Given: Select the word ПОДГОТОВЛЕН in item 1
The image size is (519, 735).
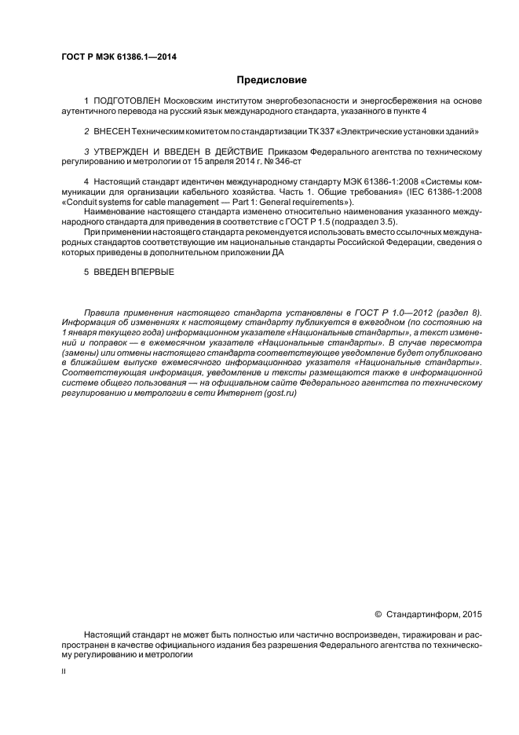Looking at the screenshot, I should (x=126, y=101).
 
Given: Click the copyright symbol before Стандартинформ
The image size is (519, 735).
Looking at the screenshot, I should (x=378, y=614).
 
